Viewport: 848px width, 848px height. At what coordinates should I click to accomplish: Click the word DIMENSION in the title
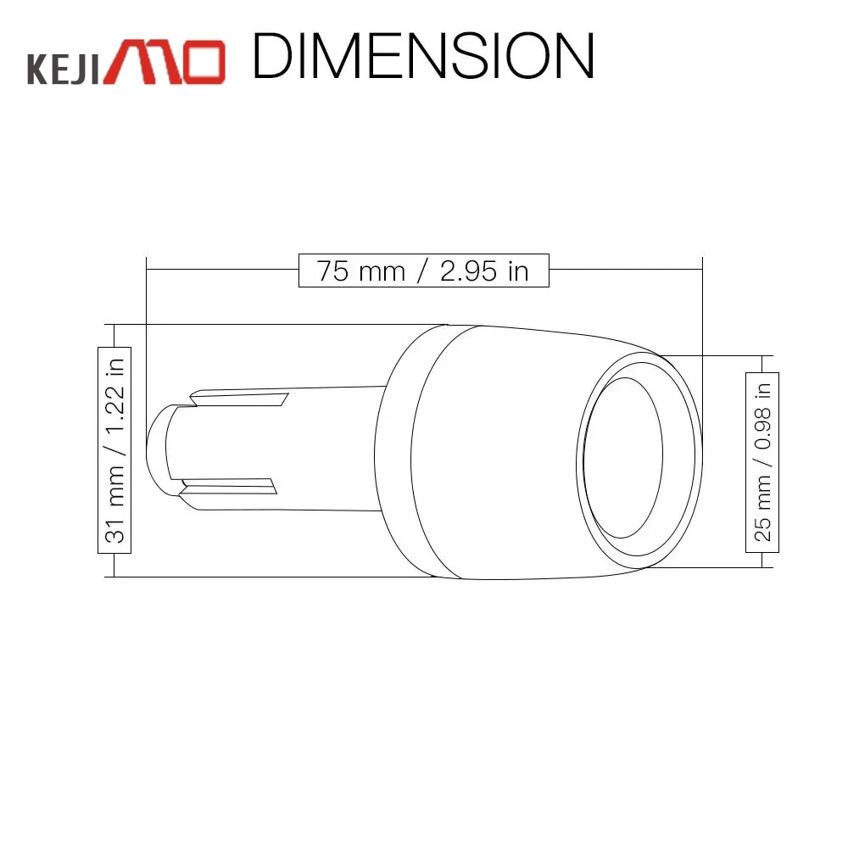pyautogui.click(x=423, y=56)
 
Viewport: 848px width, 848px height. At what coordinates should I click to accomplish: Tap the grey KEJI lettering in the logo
pyautogui.click(x=64, y=68)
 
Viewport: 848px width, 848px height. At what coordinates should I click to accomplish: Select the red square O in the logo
pyautogui.click(x=203, y=62)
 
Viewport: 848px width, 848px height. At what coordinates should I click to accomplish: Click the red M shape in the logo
pyautogui.click(x=142, y=62)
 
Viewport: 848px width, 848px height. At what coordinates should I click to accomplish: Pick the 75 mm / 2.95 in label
pyautogui.click(x=423, y=271)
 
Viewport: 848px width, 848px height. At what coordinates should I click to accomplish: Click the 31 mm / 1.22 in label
pyautogui.click(x=114, y=450)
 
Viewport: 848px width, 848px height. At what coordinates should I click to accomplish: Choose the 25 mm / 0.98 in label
pyautogui.click(x=762, y=462)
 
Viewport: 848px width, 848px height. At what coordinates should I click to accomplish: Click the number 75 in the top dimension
pyautogui.click(x=333, y=271)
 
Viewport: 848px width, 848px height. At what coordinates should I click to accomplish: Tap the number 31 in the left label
pyautogui.click(x=114, y=532)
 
